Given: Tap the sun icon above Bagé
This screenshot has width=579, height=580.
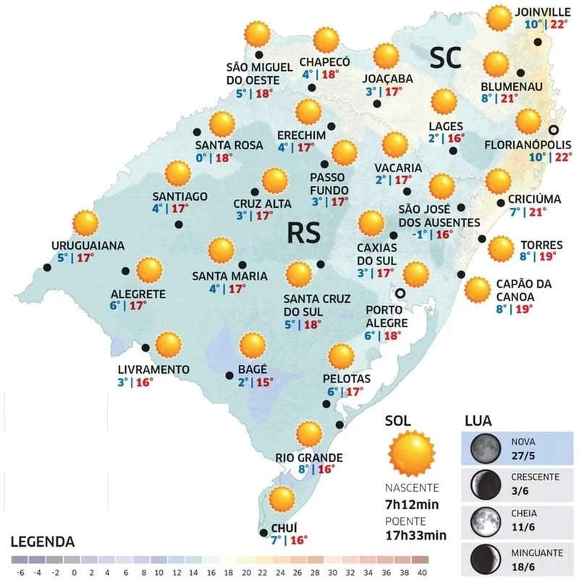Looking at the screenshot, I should [x=253, y=347].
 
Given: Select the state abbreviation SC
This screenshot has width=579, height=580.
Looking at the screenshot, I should [x=446, y=59].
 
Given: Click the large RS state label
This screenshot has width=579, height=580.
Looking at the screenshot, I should [x=304, y=233].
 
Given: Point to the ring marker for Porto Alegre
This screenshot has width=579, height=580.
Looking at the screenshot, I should [x=399, y=293].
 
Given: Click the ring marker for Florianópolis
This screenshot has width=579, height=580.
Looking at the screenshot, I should [x=554, y=130].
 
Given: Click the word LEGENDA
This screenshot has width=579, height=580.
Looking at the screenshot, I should [x=43, y=542].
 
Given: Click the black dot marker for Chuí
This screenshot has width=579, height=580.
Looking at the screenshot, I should [x=262, y=534].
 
